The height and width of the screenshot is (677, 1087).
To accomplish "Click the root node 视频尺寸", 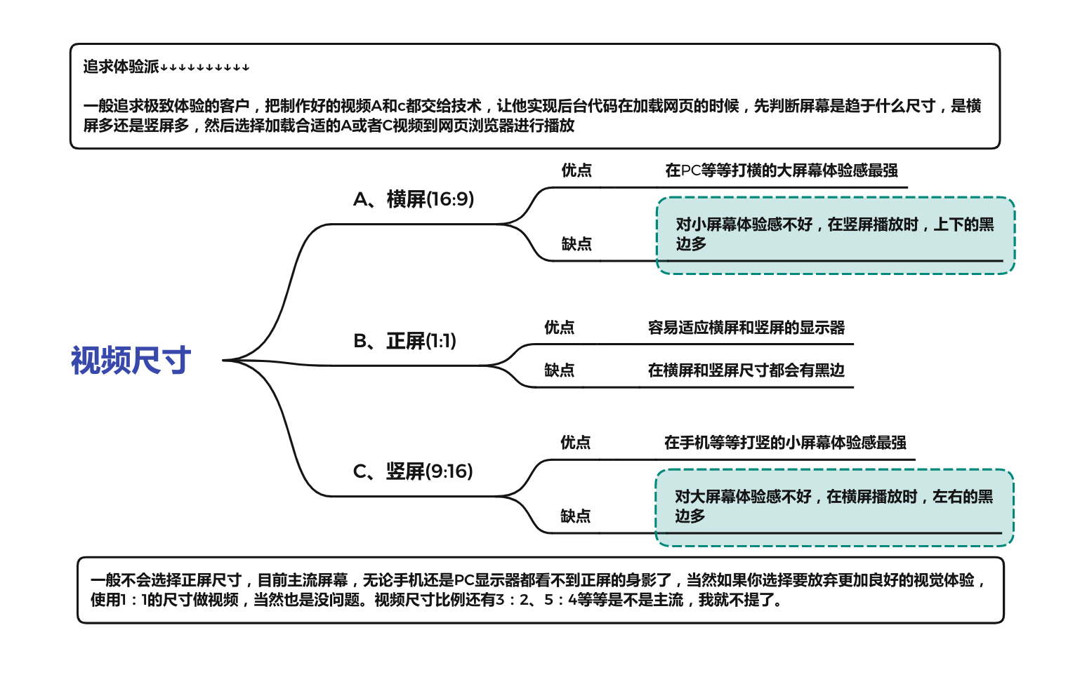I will (x=131, y=361).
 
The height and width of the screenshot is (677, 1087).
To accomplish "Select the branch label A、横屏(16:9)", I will (x=414, y=199).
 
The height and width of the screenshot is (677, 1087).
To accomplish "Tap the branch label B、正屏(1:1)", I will (x=404, y=341).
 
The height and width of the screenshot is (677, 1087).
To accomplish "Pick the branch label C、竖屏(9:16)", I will (x=413, y=471).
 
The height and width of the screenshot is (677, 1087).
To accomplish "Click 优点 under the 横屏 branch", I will (x=577, y=170).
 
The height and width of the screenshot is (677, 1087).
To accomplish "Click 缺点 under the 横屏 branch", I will (x=577, y=244).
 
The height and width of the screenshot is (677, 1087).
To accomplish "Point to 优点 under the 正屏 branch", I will (x=559, y=328).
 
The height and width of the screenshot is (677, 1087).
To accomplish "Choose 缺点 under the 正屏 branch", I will (x=559, y=370).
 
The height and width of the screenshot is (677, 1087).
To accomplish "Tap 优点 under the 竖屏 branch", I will (x=575, y=443).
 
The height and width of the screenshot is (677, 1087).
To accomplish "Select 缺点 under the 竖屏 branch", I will (x=575, y=516).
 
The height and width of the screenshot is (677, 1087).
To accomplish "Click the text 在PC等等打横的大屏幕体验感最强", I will (x=782, y=170).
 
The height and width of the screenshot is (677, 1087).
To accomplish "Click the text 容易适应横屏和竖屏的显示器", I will (x=746, y=328).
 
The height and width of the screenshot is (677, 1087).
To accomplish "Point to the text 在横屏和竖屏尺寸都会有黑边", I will (x=746, y=370).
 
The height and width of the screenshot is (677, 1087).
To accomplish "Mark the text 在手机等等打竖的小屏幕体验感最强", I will (x=785, y=443).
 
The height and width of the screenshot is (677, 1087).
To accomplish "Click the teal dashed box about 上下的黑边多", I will (x=836, y=235).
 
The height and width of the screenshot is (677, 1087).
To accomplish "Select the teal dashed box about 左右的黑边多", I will (x=834, y=507).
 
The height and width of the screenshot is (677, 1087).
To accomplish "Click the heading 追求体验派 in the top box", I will (x=121, y=67).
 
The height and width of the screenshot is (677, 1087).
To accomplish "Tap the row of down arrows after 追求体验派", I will (x=205, y=68).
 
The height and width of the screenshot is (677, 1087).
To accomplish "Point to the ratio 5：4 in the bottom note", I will (x=560, y=600).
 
